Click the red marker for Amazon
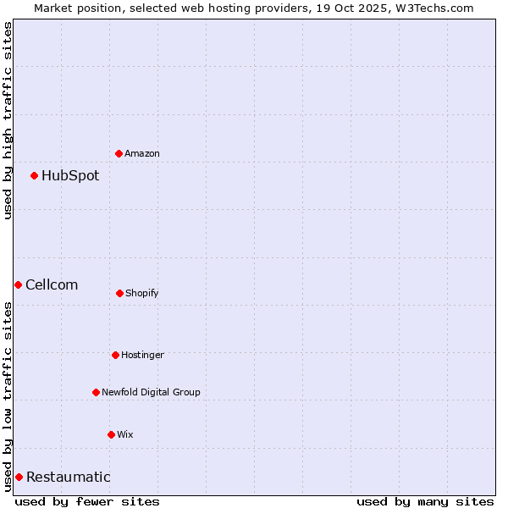tap(119, 153)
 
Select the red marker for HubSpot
tap(35, 175)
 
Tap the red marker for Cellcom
tap(18, 284)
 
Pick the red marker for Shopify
tap(119, 293)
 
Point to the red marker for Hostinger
tap(115, 355)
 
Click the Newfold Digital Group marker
tap(96, 392)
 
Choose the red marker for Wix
tap(111, 434)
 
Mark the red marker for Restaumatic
tap(19, 477)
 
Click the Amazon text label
tap(142, 153)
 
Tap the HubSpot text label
tap(70, 176)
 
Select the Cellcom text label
tap(52, 285)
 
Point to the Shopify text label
tap(142, 293)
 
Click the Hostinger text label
tap(142, 355)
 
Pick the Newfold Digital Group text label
tap(151, 392)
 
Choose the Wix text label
tap(125, 434)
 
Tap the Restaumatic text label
tap(69, 478)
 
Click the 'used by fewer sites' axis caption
tap(87, 501)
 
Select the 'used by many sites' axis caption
tap(425, 501)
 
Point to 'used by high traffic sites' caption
tap(8, 119)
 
